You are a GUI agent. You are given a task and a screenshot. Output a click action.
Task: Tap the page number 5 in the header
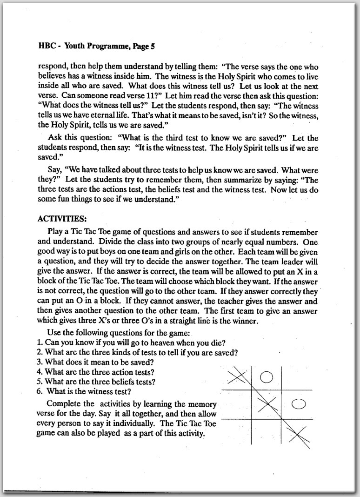coord(152,46)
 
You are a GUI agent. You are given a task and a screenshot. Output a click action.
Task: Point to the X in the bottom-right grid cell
coord(299,436)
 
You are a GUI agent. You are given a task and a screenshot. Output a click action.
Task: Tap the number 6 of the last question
coord(40,391)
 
